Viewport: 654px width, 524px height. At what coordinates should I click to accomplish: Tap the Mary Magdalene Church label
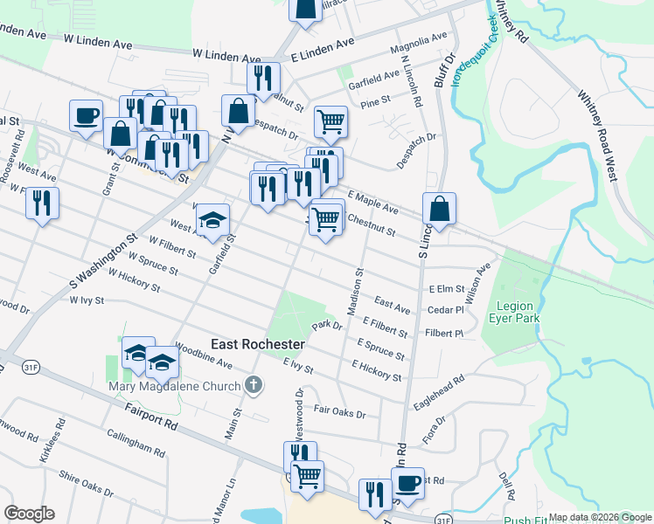[175, 386]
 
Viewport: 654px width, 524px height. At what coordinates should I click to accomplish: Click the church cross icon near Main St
[254, 384]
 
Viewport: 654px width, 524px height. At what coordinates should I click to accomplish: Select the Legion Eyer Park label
[518, 312]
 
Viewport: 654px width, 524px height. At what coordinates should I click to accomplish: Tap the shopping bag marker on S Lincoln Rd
[439, 210]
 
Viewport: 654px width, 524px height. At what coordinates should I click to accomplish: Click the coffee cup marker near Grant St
[87, 116]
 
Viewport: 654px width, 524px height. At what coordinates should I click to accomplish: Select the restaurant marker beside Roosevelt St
[42, 204]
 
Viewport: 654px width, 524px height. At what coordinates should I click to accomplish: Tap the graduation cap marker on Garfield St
[212, 222]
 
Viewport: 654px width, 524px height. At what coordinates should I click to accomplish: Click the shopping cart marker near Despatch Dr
[331, 122]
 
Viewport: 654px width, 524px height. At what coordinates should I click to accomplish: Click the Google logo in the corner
[30, 514]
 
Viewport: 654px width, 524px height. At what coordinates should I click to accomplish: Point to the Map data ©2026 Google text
[599, 517]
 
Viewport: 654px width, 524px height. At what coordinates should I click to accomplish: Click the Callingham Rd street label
[136, 443]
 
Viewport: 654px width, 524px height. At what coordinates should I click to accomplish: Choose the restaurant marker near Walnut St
[263, 79]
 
